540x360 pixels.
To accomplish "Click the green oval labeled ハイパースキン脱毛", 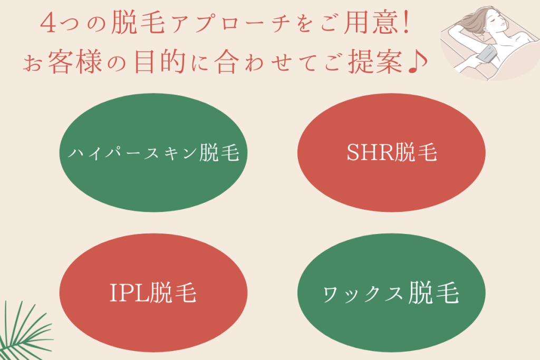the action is pyautogui.click(x=153, y=152).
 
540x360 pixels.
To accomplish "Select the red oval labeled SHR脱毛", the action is pyautogui.click(x=391, y=152).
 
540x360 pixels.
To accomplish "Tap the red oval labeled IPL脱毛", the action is pyautogui.click(x=153, y=293).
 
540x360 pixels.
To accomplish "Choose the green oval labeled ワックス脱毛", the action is pyautogui.click(x=391, y=293).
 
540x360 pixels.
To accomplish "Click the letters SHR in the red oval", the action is pyautogui.click(x=370, y=152).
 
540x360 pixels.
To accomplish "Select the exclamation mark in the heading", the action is pyautogui.click(x=408, y=23).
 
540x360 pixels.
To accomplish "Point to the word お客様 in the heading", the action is pyautogui.click(x=63, y=62).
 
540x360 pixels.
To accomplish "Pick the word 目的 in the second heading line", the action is pyautogui.click(x=160, y=62).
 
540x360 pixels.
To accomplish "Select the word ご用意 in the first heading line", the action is pyautogui.click(x=359, y=23).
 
